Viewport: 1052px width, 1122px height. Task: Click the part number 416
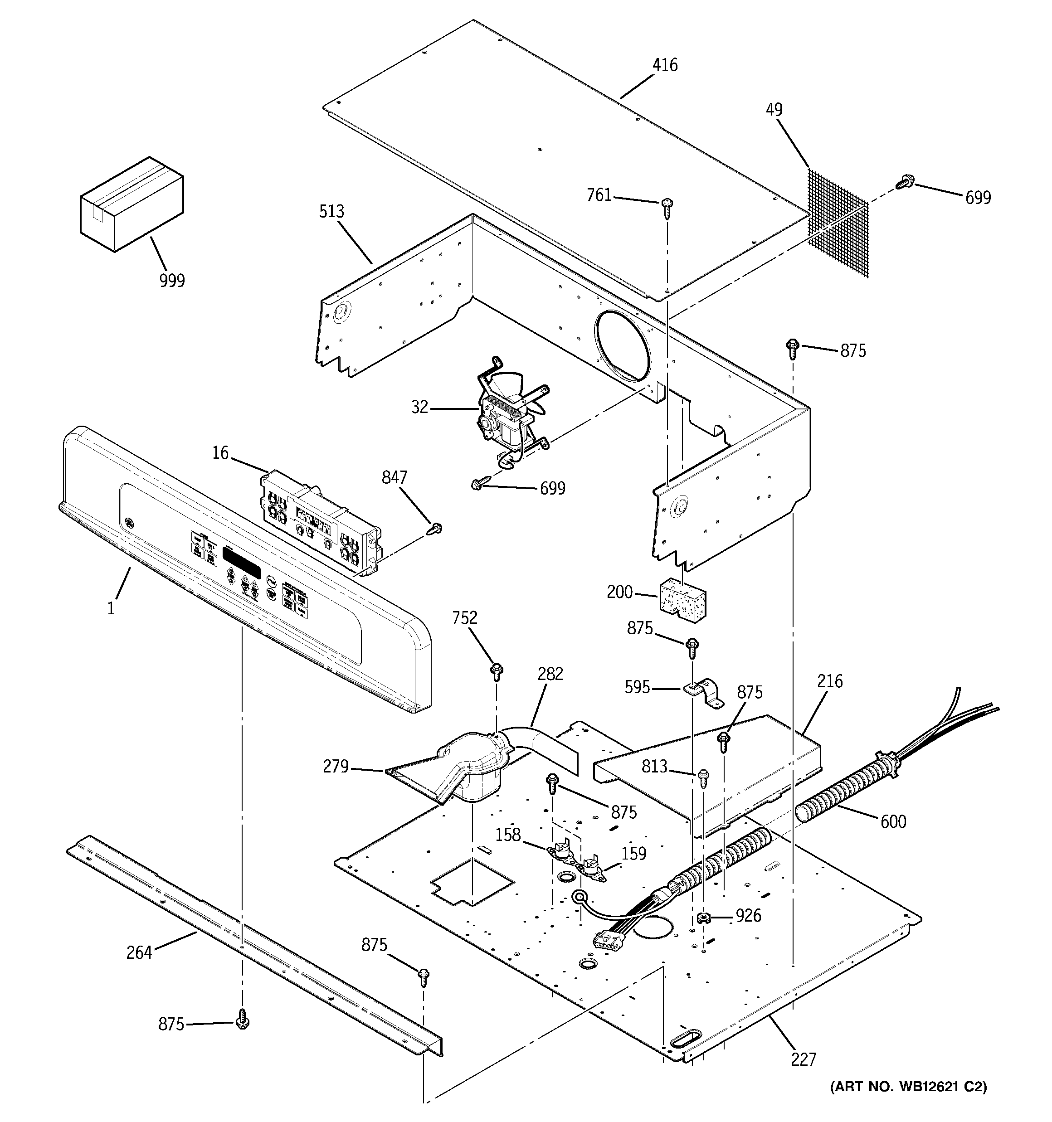coord(665,65)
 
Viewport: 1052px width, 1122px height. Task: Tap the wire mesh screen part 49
coord(838,223)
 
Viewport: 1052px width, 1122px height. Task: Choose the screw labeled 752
coord(497,672)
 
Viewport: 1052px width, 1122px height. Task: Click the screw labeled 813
coord(703,779)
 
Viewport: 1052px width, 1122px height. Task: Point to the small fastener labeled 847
coord(435,529)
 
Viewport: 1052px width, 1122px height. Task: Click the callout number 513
coord(331,212)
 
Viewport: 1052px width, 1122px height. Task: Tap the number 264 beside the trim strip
coord(139,953)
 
